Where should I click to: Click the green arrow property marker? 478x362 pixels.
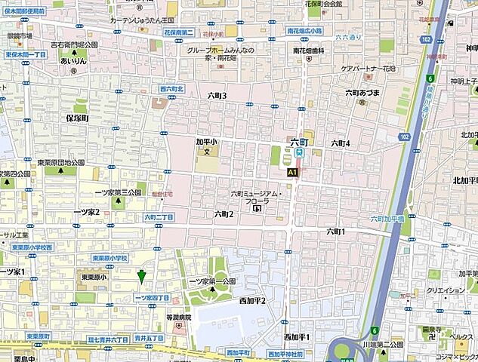[141, 278]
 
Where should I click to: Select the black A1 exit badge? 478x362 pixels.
[292, 172]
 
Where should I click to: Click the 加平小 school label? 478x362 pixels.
[205, 140]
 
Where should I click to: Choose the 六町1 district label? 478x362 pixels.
[336, 231]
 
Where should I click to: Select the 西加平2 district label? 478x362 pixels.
[251, 301]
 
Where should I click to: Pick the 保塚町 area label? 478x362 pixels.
[77, 119]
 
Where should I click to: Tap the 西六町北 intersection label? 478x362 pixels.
[171, 89]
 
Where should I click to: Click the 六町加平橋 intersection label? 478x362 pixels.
[390, 219]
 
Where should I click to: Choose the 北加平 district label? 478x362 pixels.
[462, 181]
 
